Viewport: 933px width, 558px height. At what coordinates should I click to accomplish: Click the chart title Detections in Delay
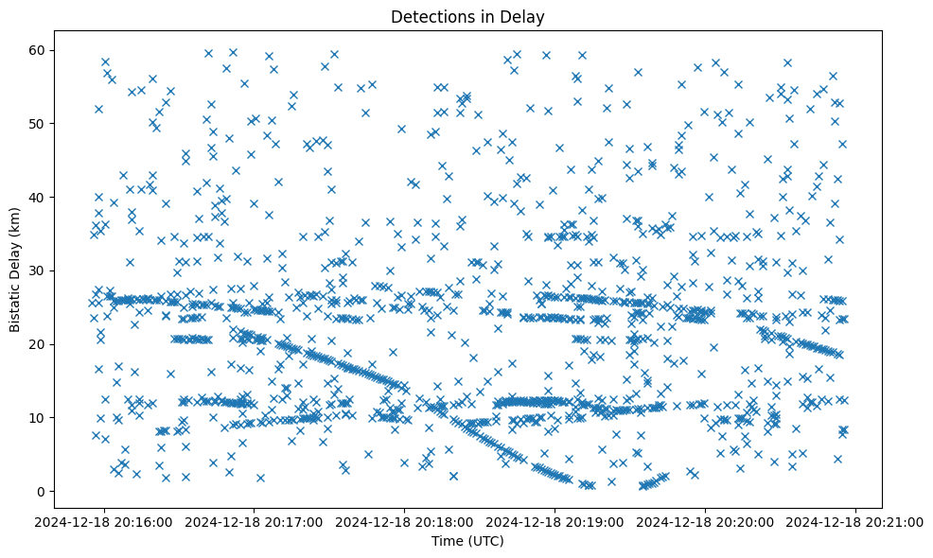[x=467, y=16]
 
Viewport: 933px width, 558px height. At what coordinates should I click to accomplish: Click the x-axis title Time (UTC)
[x=467, y=542]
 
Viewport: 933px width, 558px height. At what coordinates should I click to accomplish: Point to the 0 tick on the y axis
[x=41, y=491]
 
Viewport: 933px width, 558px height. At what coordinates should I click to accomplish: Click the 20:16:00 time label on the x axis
[x=104, y=521]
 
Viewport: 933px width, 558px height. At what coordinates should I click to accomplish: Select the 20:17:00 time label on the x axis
[x=255, y=521]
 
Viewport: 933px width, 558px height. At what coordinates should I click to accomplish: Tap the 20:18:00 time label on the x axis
[x=405, y=521]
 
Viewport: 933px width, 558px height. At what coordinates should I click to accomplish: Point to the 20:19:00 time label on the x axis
[x=555, y=521]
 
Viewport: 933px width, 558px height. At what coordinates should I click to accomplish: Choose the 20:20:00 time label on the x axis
[x=706, y=521]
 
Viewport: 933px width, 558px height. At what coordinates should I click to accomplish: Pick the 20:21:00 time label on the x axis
[x=856, y=521]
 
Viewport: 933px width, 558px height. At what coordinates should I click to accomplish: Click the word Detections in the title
[x=426, y=16]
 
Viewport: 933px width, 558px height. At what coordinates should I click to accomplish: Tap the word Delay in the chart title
[x=526, y=16]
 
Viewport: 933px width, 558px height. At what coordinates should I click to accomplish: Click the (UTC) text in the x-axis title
[x=484, y=542]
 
